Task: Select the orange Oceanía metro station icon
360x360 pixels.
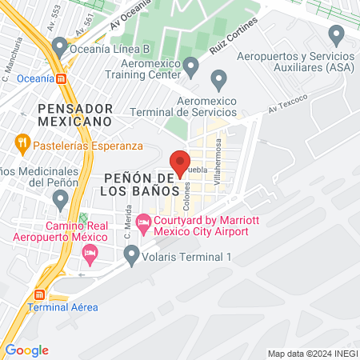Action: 62,78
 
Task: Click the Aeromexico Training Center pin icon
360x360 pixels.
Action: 190,64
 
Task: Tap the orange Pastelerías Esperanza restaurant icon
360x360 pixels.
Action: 22,146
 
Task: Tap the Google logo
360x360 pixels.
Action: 26,350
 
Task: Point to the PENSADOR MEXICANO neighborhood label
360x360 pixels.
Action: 73,114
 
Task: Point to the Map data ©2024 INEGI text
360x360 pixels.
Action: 311,354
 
